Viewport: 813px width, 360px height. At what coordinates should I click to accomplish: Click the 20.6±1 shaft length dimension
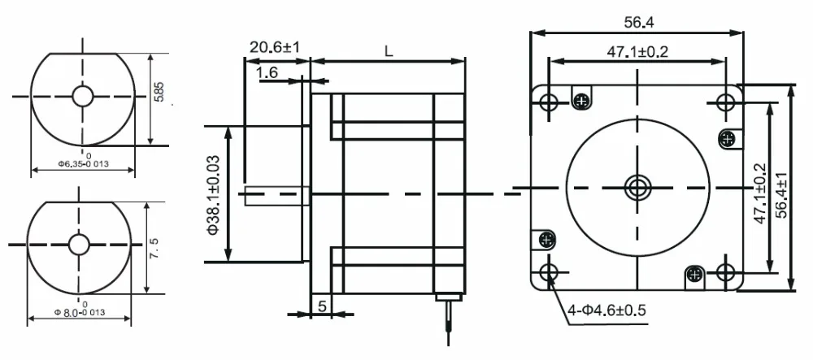[274, 47]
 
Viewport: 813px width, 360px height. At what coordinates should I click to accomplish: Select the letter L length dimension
[389, 50]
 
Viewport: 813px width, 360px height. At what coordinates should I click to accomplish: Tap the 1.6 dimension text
[267, 72]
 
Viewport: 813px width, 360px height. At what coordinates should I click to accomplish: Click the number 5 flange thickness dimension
[322, 306]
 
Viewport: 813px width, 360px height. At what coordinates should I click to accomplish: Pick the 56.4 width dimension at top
[638, 22]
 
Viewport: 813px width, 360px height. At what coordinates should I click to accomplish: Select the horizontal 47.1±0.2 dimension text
[637, 52]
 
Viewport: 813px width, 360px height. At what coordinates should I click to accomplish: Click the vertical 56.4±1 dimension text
[781, 195]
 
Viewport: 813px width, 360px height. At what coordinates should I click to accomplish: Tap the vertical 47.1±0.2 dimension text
[759, 193]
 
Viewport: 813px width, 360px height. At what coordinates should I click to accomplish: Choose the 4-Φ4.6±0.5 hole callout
[606, 310]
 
